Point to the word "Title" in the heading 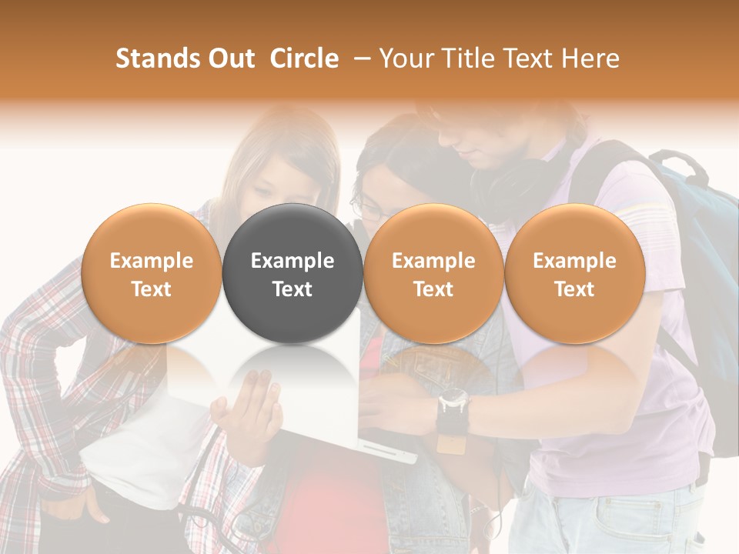[x=462, y=58]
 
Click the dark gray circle [x=293, y=273]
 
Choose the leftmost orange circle [x=151, y=273]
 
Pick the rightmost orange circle [x=575, y=273]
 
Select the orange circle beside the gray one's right [x=433, y=273]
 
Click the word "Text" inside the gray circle [x=293, y=289]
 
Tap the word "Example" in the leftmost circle [x=151, y=261]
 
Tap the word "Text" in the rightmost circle [x=575, y=289]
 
